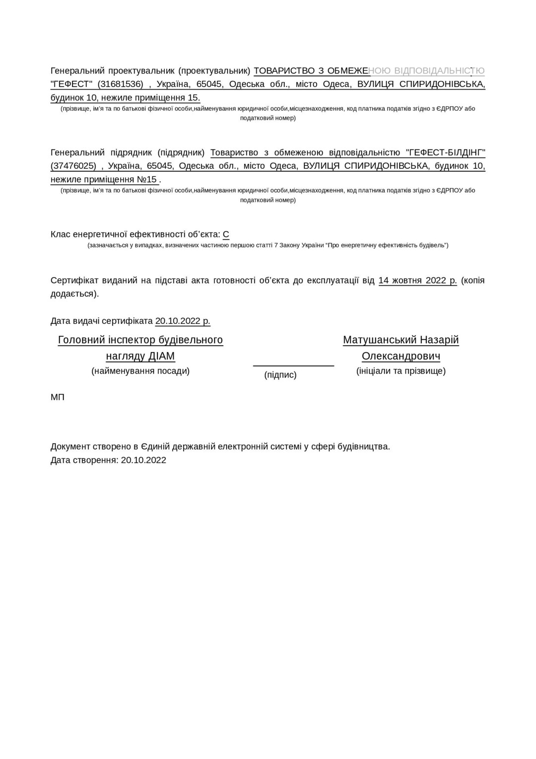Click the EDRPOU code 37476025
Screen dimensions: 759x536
(x=73, y=166)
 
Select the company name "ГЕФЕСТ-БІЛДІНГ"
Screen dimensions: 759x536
(x=445, y=152)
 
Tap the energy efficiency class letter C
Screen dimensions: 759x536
(x=226, y=234)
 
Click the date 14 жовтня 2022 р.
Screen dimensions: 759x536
(x=417, y=280)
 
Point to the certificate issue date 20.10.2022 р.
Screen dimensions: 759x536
(x=183, y=321)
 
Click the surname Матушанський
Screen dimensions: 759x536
(x=380, y=340)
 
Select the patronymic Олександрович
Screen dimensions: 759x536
(x=401, y=356)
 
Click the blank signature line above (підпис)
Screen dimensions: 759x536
(x=293, y=365)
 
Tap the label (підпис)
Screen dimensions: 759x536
(x=280, y=375)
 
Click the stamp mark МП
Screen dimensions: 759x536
(x=58, y=397)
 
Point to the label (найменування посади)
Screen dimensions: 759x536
(x=140, y=371)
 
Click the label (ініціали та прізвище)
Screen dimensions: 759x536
(x=401, y=371)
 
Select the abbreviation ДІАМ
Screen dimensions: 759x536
(x=161, y=356)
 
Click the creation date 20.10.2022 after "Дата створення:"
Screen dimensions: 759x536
(x=143, y=460)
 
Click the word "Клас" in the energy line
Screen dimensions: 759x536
(x=61, y=234)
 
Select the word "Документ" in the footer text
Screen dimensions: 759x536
(x=70, y=447)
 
